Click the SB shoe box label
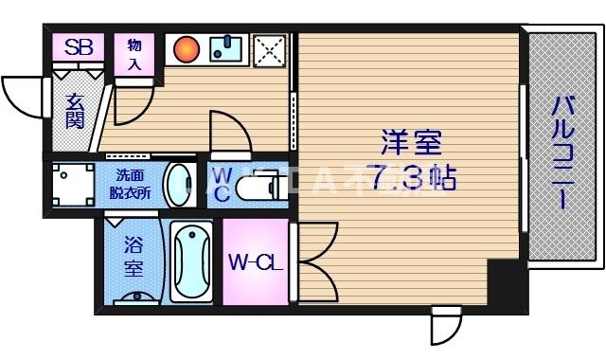tap(78, 46)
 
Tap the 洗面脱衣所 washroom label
tap(132, 182)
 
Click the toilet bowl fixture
tap(256, 186)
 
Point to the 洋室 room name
tap(411, 145)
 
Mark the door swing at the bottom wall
tap(445, 328)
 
